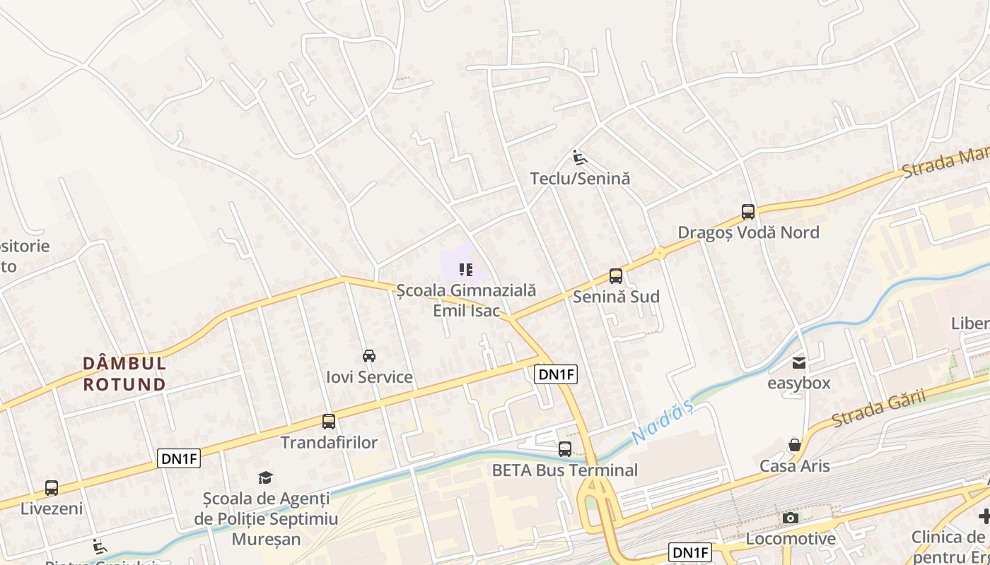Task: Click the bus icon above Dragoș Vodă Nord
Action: pos(748,211)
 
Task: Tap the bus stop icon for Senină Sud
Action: pos(616,276)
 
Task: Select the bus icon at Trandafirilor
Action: pos(329,422)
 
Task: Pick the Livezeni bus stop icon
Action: pos(52,488)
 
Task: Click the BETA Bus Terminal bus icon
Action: pos(565,449)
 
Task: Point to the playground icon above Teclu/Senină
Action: pos(579,157)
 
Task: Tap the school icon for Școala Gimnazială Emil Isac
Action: pos(465,269)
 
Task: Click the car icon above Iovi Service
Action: pos(369,355)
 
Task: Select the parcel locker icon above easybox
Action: pos(799,363)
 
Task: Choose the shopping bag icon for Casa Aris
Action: pos(795,445)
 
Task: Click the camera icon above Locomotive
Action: pos(791,518)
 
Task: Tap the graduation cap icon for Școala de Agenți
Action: pos(265,478)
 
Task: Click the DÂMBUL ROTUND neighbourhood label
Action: pos(124,374)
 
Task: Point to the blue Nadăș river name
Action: pos(660,423)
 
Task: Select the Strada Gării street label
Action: pos(878,408)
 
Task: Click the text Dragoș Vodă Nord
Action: pos(748,232)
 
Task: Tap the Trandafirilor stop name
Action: pos(329,443)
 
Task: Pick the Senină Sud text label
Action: pos(616,297)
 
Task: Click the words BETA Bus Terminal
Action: pos(565,470)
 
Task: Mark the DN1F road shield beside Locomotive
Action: pos(689,552)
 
